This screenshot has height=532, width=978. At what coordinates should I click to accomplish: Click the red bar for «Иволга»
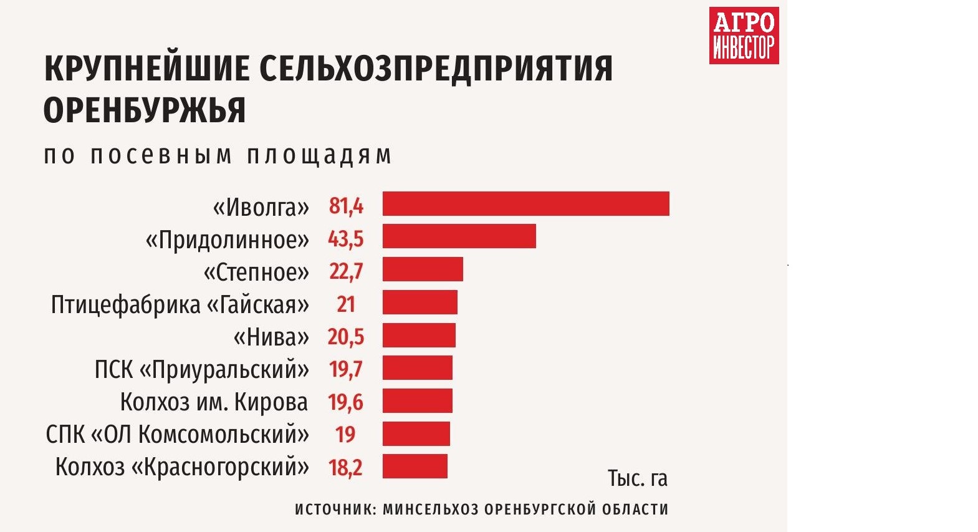point(525,204)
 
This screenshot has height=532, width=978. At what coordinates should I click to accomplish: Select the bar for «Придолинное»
point(459,236)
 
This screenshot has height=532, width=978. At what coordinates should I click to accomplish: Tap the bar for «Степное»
point(423,269)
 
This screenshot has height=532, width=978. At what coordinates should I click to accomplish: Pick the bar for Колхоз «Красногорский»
point(415,467)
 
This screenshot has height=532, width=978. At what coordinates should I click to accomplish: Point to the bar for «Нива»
point(419,336)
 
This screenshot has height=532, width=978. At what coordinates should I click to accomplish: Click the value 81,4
point(346,205)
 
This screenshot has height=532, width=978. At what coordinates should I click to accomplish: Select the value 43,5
point(345,238)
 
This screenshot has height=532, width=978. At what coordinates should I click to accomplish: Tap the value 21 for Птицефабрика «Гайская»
point(346,304)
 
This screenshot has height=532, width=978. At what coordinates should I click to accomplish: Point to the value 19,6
point(345,402)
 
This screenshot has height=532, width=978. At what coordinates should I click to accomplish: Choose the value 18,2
point(345,467)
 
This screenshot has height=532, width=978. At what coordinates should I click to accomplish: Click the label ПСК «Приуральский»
point(201,369)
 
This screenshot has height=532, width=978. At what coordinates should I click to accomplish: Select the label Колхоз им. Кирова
point(214,402)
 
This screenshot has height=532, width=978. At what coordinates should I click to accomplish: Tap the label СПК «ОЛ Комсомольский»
point(177,435)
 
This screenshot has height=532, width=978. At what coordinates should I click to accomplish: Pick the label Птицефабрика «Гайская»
point(180,304)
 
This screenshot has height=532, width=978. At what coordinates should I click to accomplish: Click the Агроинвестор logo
point(744,36)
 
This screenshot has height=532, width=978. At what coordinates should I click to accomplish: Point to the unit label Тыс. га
point(637,478)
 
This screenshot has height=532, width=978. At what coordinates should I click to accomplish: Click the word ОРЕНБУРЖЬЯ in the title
point(145,110)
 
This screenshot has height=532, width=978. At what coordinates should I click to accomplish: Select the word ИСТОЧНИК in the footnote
point(334,509)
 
